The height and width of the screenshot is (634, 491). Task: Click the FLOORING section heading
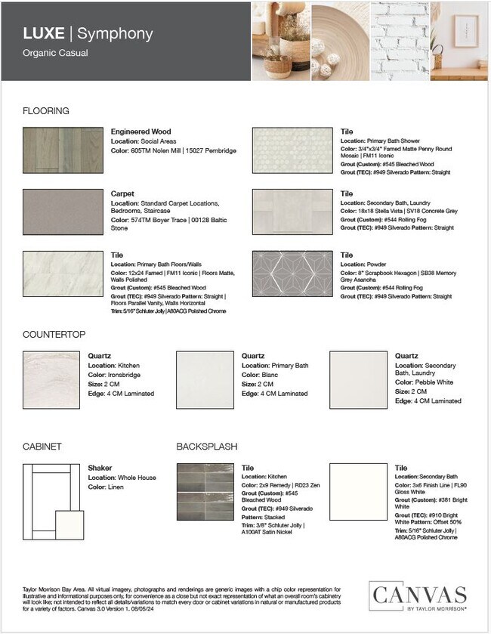(46, 111)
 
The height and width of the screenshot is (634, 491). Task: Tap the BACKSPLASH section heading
(208, 446)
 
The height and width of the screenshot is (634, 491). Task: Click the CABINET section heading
(42, 446)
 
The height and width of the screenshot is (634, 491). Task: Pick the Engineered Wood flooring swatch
(63, 150)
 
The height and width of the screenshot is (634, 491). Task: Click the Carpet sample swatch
(63, 212)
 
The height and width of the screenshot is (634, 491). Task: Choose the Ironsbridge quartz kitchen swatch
(53, 381)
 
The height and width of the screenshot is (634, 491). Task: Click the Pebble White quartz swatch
(359, 381)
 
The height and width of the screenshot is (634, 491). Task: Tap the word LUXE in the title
(44, 34)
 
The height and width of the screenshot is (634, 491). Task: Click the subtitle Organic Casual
(56, 54)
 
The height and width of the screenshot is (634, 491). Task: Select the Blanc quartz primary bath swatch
(205, 381)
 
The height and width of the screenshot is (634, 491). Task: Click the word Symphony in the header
(115, 34)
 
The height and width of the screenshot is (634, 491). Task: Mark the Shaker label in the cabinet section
(100, 468)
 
